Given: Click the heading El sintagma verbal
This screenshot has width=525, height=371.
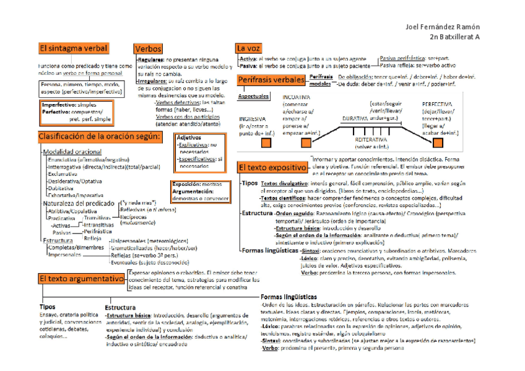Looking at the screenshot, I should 74,48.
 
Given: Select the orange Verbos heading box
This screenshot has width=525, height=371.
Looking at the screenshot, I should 148,48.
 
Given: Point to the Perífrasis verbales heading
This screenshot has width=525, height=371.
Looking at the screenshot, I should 270,80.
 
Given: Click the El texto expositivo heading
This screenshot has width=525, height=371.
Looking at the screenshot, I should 272,167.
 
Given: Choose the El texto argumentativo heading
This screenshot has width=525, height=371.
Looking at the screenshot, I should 80,279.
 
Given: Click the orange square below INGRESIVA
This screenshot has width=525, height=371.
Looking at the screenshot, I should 266,142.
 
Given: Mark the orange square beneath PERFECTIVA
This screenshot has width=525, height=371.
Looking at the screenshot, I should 440,142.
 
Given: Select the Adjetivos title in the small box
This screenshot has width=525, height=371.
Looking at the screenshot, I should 189,137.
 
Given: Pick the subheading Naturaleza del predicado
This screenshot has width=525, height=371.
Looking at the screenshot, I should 78,203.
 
